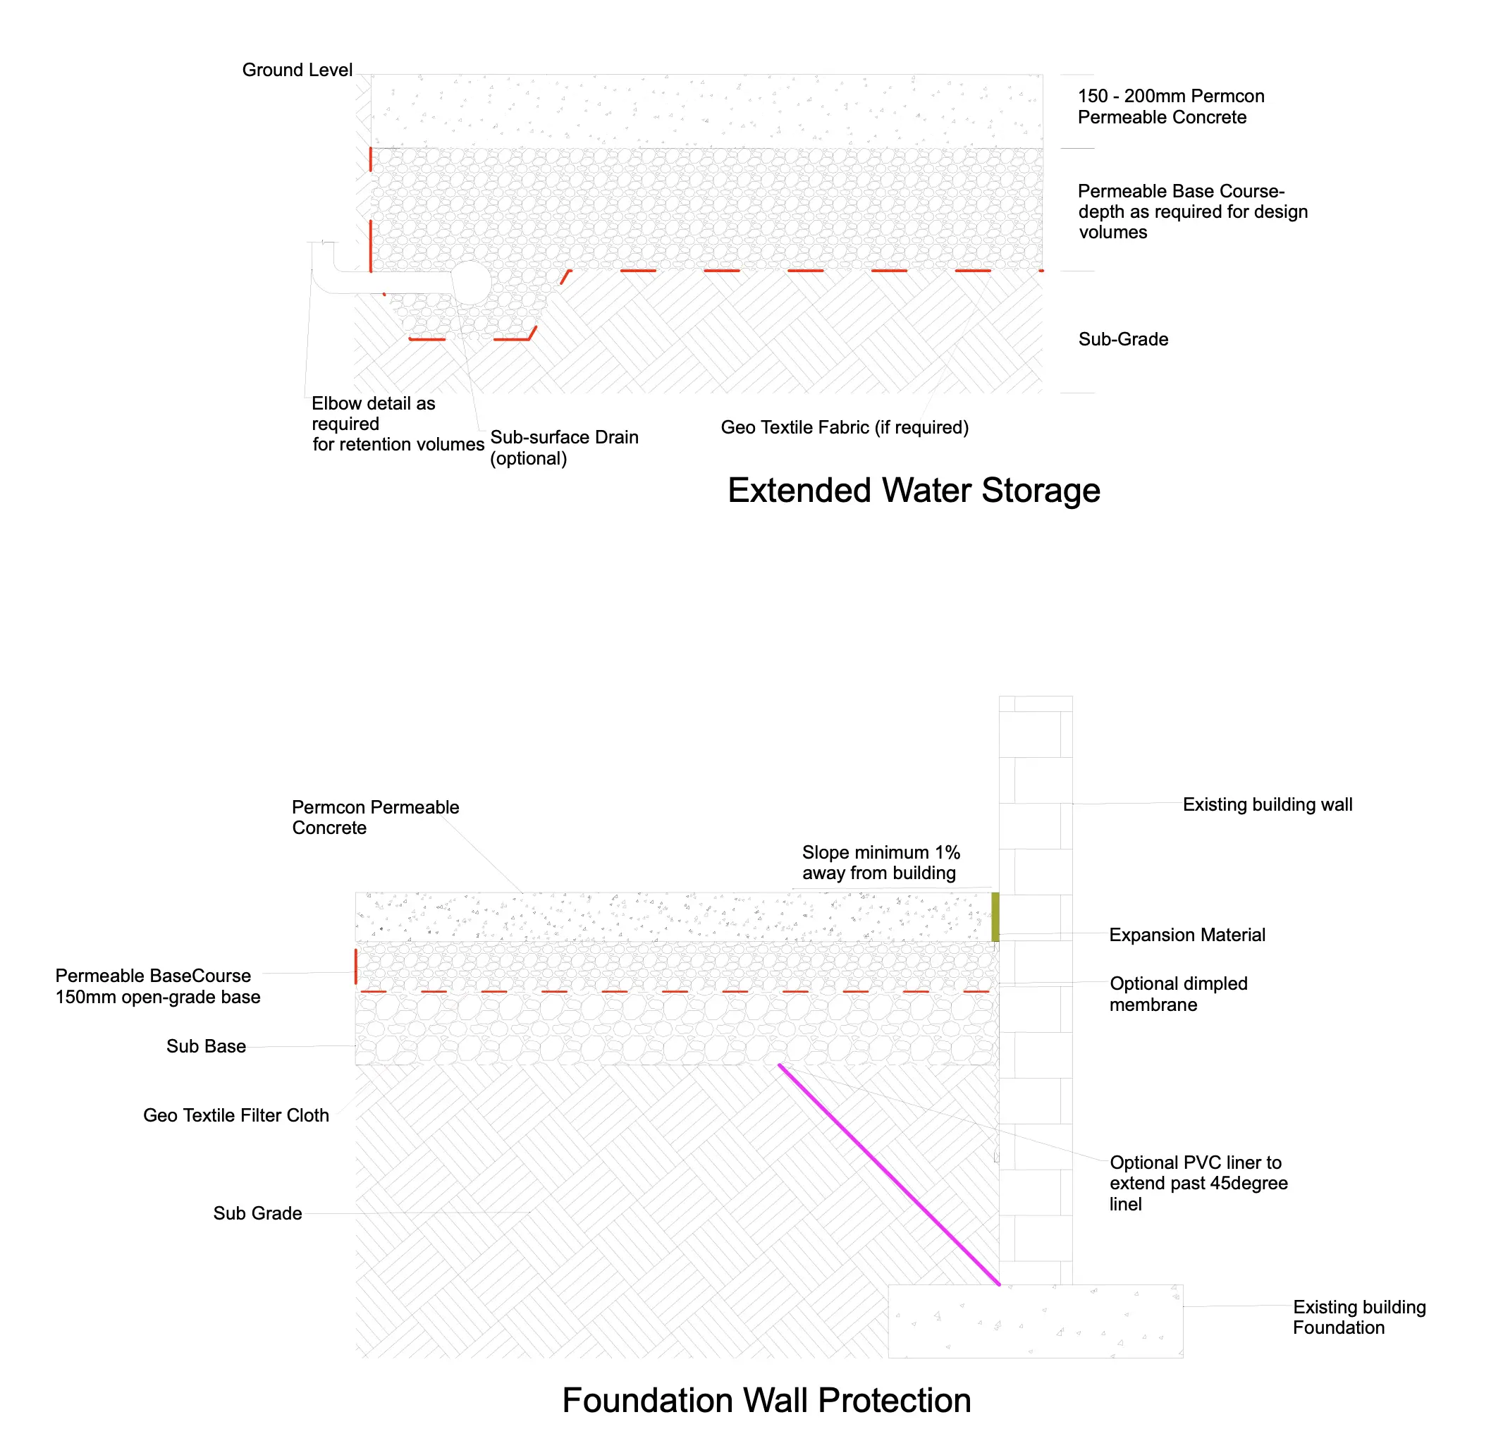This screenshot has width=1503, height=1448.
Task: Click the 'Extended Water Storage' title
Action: [x=914, y=491]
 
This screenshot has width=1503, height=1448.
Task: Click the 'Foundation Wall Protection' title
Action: [x=766, y=1401]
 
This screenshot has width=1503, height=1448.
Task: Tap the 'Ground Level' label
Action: [x=297, y=70]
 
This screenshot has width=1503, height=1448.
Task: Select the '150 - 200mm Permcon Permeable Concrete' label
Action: [x=1170, y=106]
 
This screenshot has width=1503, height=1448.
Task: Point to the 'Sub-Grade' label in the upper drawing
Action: [x=1122, y=340]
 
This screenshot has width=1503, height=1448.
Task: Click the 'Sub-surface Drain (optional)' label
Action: [x=564, y=448]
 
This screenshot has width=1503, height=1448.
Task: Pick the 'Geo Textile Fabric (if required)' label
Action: [x=845, y=428]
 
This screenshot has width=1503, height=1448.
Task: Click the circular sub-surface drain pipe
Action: [x=470, y=283]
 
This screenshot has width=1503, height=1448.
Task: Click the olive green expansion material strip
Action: [x=995, y=916]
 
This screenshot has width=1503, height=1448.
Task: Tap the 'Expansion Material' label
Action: [x=1186, y=935]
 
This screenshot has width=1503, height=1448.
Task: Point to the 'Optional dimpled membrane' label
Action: [x=1178, y=994]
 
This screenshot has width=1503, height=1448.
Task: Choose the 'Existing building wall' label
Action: [x=1267, y=804]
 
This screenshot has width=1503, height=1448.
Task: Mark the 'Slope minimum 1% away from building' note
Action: [x=881, y=863]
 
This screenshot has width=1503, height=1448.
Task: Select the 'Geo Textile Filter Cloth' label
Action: [x=235, y=1115]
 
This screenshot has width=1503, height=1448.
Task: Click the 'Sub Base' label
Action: [x=206, y=1046]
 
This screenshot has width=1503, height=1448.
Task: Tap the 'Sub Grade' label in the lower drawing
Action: [x=257, y=1213]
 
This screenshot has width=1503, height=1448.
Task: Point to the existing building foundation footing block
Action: [x=1035, y=1320]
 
